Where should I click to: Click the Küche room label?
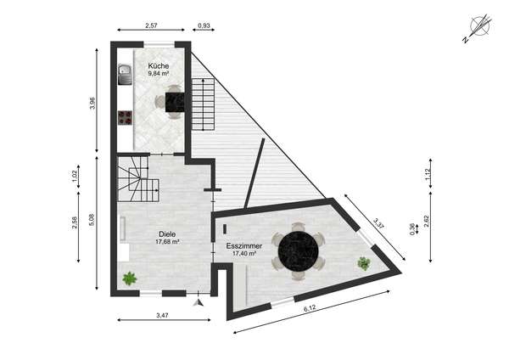159,65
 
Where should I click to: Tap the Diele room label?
167,234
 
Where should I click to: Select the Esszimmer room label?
244,246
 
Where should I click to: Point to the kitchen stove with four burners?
125,118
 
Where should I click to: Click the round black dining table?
299,250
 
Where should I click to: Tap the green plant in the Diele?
130,278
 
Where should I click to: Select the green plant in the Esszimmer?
364,263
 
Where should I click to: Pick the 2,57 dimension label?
151,25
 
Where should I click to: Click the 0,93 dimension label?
204,25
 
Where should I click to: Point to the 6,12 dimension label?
310,308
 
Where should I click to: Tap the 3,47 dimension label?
162,315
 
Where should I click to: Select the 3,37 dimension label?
378,224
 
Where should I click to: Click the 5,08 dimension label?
92,219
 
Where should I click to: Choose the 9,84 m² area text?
159,73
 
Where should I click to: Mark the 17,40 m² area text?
244,253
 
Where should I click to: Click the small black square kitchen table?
175,102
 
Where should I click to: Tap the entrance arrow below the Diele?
198,302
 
